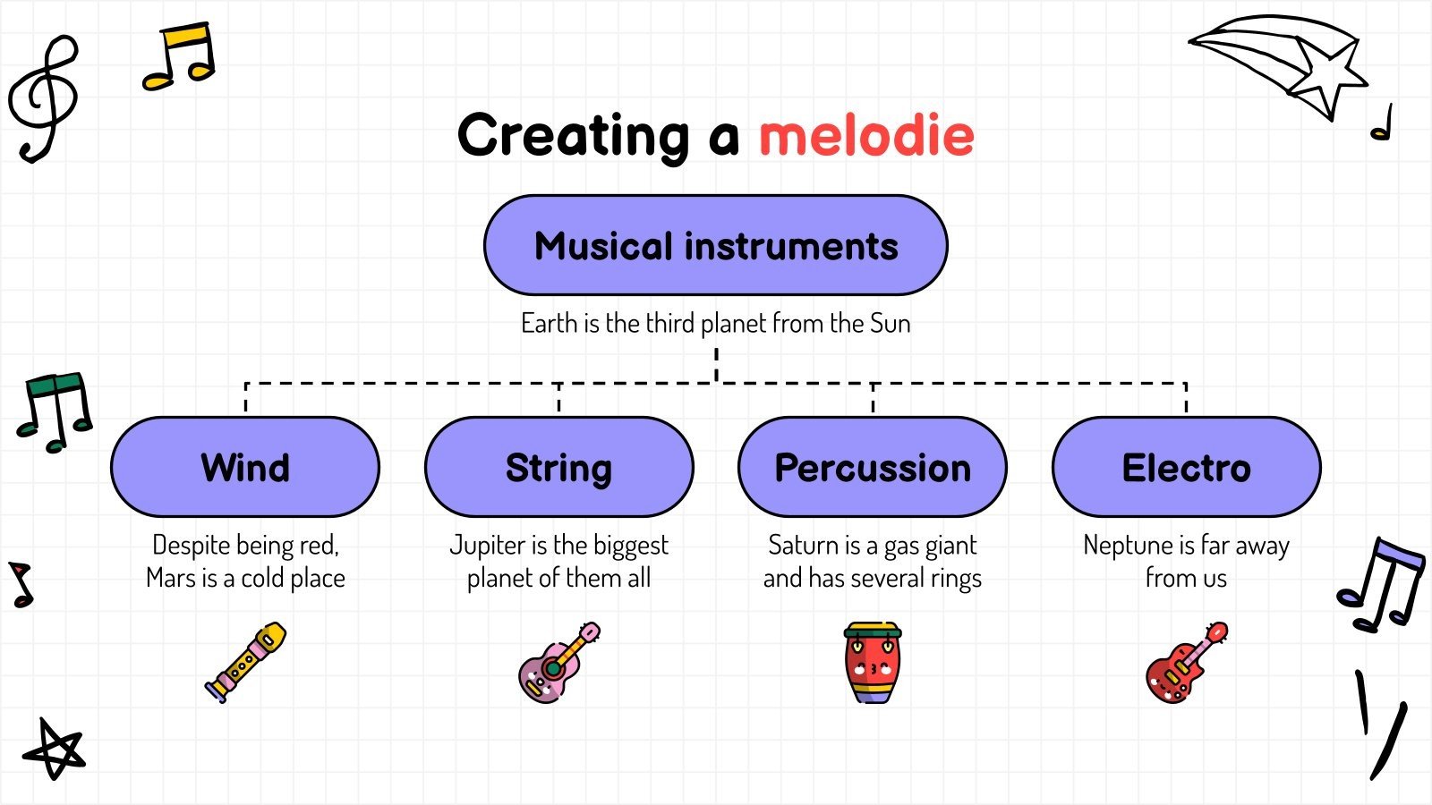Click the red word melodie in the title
865,135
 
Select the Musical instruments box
715,245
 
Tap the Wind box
245,467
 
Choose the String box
558,467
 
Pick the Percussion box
873,467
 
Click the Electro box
1186,467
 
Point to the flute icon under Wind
246,662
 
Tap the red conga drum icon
873,663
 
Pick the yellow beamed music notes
180,57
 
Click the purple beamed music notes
1383,586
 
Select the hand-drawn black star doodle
54,750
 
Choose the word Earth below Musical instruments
549,323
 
